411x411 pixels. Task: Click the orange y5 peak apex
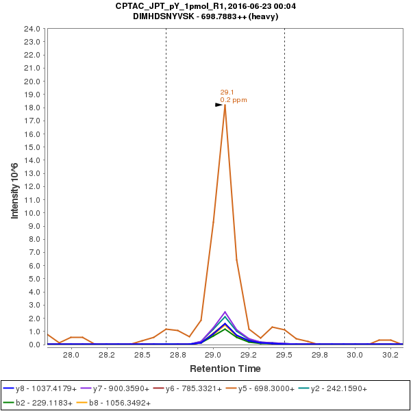tap(225, 105)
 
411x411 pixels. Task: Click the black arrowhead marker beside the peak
tap(219, 105)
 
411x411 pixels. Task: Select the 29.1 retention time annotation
tap(227, 92)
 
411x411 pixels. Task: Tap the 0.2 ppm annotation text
tap(234, 100)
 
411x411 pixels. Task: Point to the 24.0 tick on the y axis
tap(32, 29)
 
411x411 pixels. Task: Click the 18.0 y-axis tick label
tap(32, 108)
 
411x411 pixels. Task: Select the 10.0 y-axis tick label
tap(32, 213)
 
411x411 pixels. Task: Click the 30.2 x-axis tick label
tap(390, 355)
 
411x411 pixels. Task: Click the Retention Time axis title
tap(225, 369)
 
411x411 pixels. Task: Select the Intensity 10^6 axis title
tap(15, 186)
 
